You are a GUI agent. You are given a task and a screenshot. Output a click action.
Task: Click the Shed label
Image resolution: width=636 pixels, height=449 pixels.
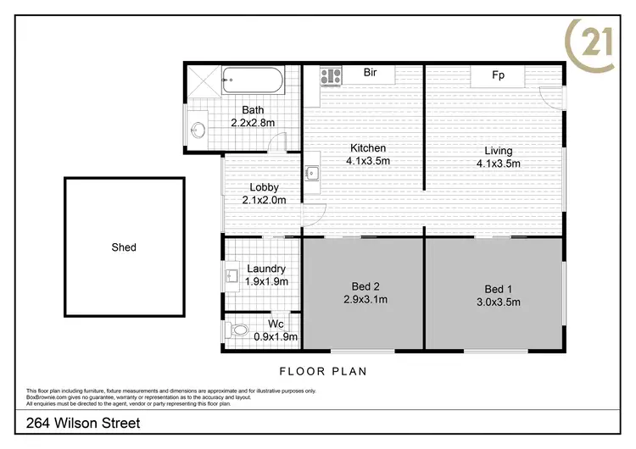pyautogui.click(x=124, y=247)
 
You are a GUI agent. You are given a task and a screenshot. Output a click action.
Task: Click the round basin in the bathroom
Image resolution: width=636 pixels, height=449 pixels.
pyautogui.click(x=198, y=130)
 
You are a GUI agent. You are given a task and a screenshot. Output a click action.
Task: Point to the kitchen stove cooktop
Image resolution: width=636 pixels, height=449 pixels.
pyautogui.click(x=330, y=77)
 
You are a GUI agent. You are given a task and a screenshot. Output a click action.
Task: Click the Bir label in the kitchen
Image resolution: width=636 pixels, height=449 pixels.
pyautogui.click(x=370, y=73)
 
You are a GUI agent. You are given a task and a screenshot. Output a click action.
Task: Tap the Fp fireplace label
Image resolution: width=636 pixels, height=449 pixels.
pyautogui.click(x=499, y=75)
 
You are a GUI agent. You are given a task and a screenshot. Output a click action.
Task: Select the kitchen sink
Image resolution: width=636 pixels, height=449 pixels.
pyautogui.click(x=311, y=174)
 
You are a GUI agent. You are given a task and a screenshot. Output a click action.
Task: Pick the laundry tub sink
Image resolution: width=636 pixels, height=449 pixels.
pyautogui.click(x=232, y=275)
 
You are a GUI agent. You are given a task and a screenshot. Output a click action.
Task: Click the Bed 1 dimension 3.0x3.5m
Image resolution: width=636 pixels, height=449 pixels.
pyautogui.click(x=498, y=300)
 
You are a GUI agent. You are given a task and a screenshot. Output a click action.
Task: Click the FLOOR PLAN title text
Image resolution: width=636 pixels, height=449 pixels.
pyautogui.click(x=322, y=371)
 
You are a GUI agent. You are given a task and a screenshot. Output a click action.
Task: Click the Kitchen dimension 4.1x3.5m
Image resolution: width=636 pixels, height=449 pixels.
pyautogui.click(x=368, y=161)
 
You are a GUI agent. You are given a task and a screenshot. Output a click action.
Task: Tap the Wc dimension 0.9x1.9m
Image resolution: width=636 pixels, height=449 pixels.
pyautogui.click(x=276, y=336)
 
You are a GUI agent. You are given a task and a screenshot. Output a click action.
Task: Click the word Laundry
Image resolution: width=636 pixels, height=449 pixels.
pyautogui.click(x=266, y=269)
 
